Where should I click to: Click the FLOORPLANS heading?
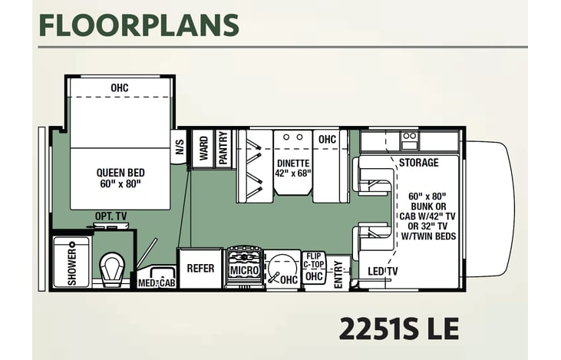139,25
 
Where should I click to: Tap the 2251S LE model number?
398,329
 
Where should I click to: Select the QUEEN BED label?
120,173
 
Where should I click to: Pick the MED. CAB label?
157,282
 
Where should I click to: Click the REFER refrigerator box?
200,269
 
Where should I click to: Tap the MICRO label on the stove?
244,270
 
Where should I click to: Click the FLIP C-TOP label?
314,260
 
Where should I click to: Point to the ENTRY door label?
338,275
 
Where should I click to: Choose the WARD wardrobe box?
203,148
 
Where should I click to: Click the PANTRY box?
223,148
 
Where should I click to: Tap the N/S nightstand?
179,147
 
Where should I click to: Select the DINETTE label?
293,163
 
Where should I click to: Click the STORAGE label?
418,163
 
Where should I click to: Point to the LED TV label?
382,271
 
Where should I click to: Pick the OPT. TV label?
111,216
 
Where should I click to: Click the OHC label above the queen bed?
120,88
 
